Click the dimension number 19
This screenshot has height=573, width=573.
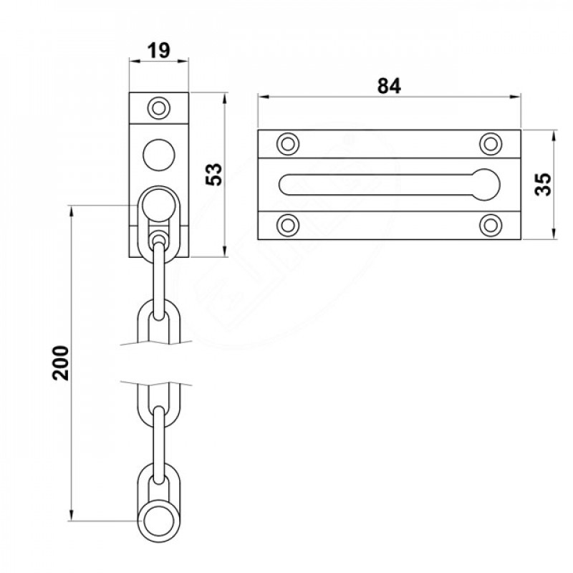159,50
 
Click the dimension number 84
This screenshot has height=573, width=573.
389,86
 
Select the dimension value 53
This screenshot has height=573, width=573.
214,174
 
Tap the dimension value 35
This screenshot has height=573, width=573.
544,184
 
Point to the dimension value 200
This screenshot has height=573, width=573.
61,363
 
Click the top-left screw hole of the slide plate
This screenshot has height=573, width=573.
288,145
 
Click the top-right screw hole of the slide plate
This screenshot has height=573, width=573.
491,145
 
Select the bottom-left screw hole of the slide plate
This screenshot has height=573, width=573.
288,226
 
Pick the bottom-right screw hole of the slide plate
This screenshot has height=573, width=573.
491,226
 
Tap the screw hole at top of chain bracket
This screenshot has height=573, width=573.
159,108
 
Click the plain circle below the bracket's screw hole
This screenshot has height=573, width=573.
159,155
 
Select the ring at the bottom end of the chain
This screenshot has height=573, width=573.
158,521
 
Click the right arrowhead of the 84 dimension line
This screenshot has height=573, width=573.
515,97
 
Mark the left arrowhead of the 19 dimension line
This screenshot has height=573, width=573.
135,61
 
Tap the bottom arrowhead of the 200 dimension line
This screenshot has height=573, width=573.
72,516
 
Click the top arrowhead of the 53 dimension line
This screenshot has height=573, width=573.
225,98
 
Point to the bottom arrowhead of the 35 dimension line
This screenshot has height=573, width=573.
554,234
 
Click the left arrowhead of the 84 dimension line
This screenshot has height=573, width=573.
264,97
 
